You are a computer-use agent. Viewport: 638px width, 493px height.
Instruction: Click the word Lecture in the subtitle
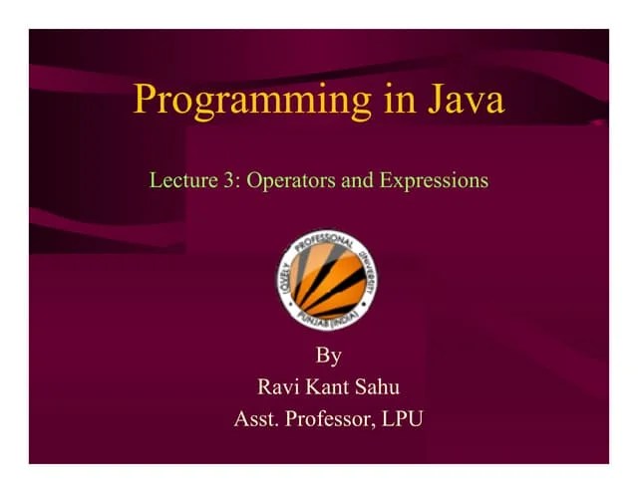click(182, 181)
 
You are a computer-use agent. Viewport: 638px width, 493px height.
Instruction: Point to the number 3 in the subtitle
click(230, 181)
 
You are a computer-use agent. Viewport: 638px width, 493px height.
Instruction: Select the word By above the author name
click(328, 356)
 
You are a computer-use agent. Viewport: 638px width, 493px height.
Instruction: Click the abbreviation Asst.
click(256, 419)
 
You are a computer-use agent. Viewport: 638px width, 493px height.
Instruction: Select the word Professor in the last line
click(329, 419)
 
